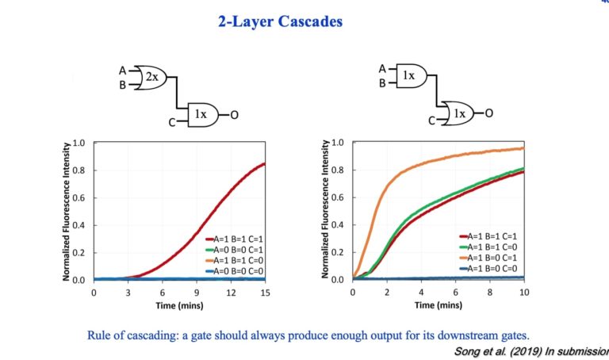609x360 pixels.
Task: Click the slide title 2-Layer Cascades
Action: point(280,22)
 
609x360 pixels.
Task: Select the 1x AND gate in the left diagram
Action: point(201,115)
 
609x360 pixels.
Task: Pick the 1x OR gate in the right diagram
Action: point(458,114)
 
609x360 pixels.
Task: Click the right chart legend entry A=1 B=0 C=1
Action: point(490,257)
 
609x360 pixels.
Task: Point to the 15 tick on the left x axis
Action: point(265,292)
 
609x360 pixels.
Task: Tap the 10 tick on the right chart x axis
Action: point(523,292)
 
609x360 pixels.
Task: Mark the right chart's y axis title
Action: point(326,211)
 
